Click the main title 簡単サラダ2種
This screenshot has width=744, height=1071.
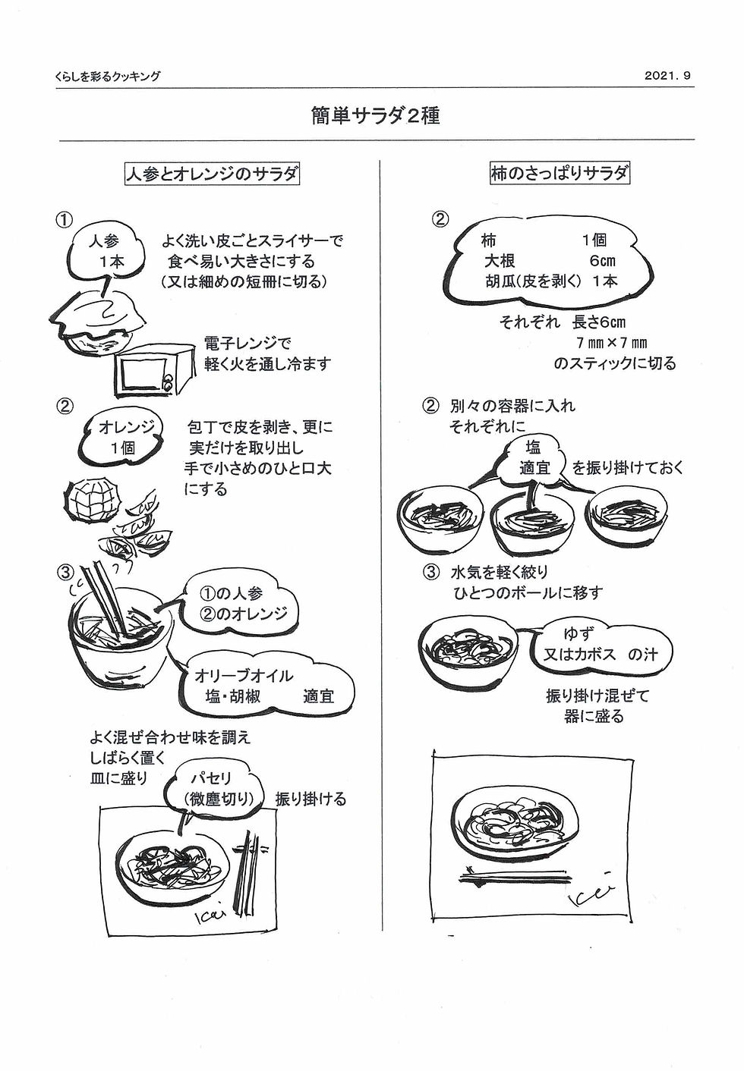[375, 115]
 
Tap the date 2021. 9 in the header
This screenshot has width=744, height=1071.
[667, 76]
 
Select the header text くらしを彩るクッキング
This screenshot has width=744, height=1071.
[107, 77]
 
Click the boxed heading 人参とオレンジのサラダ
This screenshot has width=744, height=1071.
[212, 174]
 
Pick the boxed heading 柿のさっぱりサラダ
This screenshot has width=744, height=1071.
[560, 174]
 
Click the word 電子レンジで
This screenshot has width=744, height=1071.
[247, 344]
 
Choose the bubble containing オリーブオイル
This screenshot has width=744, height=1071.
[262, 685]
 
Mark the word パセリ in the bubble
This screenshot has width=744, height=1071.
[210, 778]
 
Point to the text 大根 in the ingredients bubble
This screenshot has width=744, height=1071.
[500, 261]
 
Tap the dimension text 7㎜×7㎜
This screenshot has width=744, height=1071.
[611, 343]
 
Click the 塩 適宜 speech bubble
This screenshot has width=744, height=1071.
[533, 457]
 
